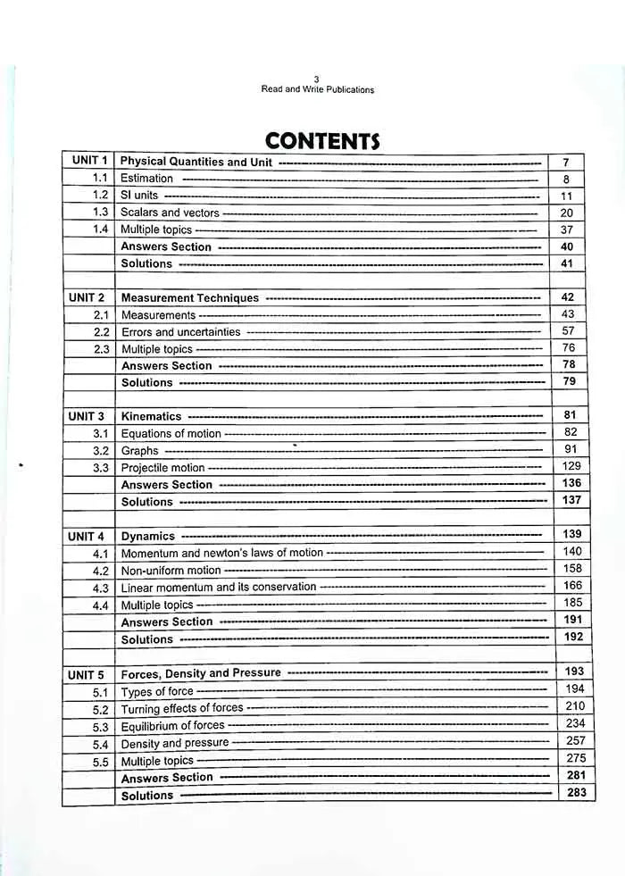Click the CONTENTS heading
pos(322,140)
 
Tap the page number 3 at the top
pos(317,79)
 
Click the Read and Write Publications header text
pos(317,89)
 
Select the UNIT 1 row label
pos(88,161)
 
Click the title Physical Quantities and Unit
pos(196,162)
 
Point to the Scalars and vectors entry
pos(170,213)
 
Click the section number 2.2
pos(101,331)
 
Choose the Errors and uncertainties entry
pos(181,331)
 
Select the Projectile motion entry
pos(163,468)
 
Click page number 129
pos(571,466)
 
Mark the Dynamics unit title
pos(148,537)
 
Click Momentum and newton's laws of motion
pos(222,553)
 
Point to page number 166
pos(572,586)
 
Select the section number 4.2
pos(101,571)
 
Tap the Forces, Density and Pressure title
pos(201,673)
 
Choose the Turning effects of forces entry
pos(182,708)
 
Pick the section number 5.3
pos(101,727)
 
